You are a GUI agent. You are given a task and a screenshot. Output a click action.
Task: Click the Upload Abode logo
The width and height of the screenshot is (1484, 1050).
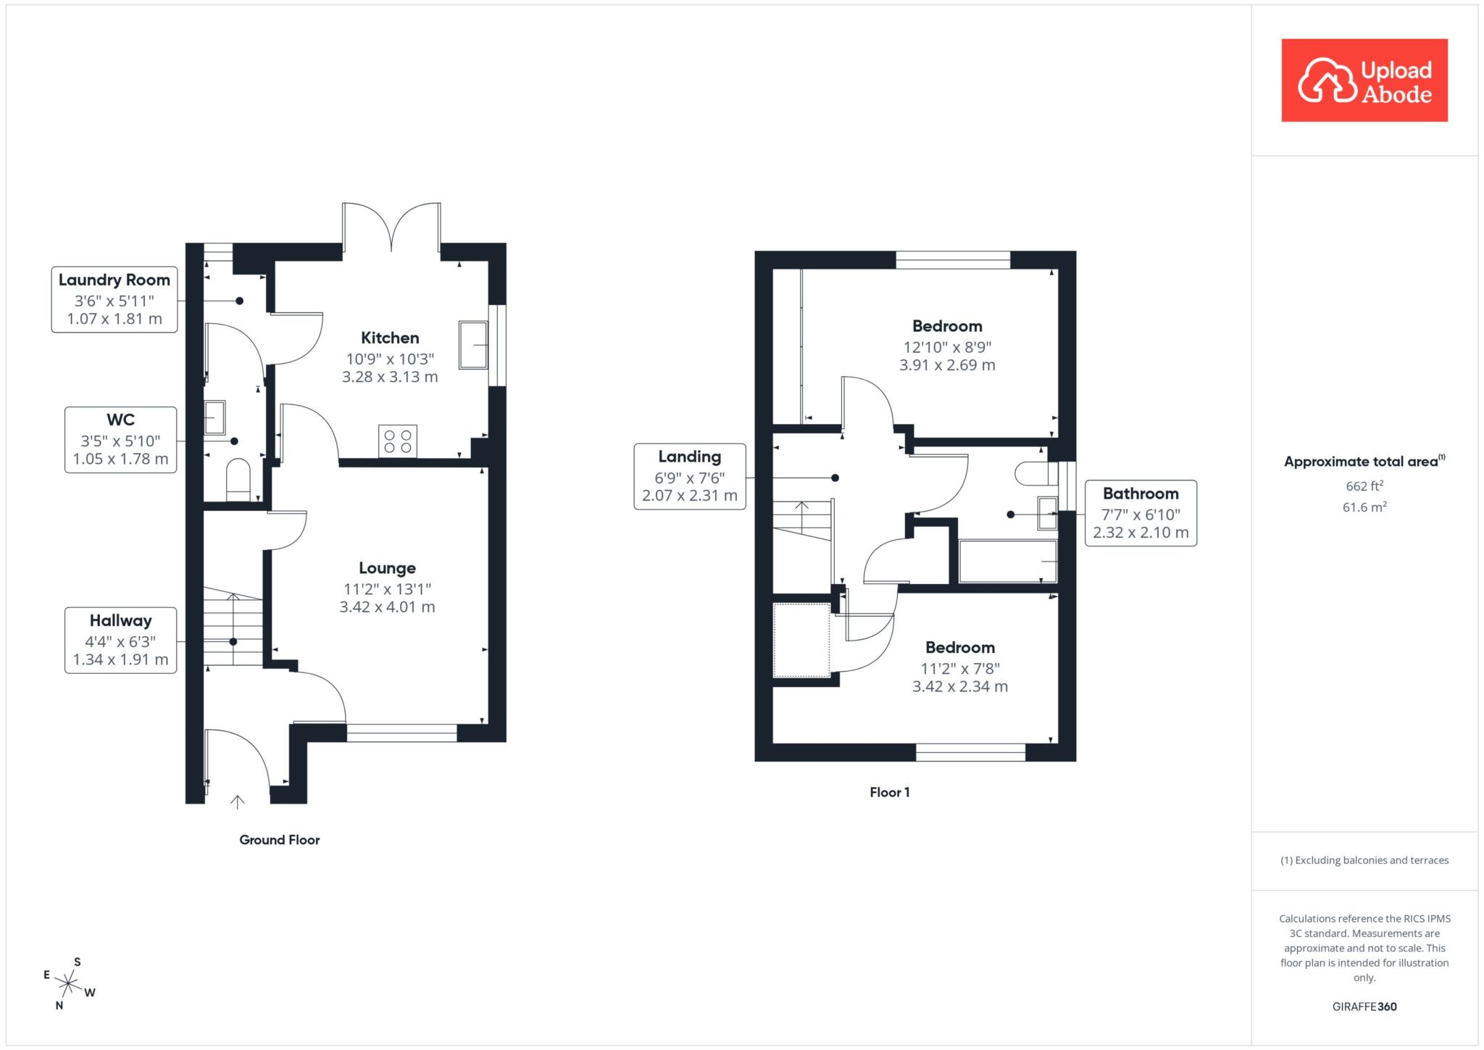tap(1364, 80)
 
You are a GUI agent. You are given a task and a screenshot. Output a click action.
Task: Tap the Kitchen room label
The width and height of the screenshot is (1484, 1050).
tap(390, 338)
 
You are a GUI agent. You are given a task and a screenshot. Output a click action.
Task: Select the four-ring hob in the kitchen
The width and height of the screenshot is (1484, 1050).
tap(397, 441)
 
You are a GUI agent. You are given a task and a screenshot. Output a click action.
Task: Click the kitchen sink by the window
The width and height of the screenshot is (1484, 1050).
tap(473, 345)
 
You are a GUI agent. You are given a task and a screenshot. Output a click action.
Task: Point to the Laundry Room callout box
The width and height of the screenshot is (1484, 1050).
tap(114, 299)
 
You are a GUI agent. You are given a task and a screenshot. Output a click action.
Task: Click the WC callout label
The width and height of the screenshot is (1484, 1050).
tap(120, 440)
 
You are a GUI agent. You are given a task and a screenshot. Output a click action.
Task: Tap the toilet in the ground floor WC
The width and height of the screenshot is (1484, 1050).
tap(238, 479)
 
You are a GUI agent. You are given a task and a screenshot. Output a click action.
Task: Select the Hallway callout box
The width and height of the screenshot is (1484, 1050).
tap(120, 641)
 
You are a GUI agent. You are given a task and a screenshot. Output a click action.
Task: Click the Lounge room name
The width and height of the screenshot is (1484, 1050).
tap(388, 568)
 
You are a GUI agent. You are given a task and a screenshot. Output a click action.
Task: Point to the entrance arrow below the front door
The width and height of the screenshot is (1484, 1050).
tap(238, 801)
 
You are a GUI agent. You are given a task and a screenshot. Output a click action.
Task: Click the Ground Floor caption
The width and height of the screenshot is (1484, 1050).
tap(280, 840)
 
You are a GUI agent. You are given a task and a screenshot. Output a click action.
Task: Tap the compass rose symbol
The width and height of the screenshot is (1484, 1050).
tap(69, 984)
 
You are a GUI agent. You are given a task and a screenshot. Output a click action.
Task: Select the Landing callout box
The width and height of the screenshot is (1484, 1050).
tap(690, 476)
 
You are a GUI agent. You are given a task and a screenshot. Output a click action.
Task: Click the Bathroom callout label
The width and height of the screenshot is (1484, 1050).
tap(1141, 513)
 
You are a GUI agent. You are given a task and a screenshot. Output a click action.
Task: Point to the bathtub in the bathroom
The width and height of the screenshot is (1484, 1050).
tap(1008, 562)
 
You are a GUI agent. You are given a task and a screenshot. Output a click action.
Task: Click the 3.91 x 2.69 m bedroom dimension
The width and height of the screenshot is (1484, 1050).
tap(947, 365)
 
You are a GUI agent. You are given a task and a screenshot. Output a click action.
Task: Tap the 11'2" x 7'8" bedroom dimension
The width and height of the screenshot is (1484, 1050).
tap(960, 668)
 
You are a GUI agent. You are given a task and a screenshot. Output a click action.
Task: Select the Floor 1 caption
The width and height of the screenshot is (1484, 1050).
tap(890, 793)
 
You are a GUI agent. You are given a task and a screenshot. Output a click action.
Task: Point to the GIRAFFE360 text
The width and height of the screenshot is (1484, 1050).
tap(1364, 1007)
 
